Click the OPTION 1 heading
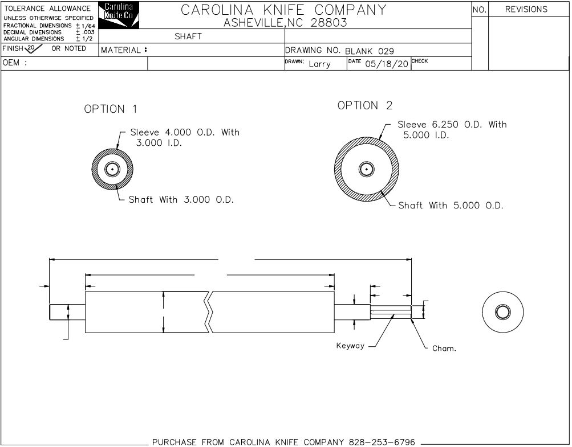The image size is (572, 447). point(111,109)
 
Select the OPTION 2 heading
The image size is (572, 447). point(365,105)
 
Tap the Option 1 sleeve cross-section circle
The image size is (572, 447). point(113,169)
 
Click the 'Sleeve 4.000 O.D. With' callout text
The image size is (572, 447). point(185,132)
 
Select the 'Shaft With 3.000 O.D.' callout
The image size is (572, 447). point(181,200)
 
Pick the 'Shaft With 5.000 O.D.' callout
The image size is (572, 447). point(451,206)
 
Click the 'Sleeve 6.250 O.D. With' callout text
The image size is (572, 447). point(452,124)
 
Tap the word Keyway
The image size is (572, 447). point(350,346)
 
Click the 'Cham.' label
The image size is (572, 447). point(444,348)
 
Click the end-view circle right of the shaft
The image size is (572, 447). point(502,311)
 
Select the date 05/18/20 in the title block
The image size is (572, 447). point(387,64)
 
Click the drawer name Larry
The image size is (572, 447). point(319,64)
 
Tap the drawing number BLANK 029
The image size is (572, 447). point(370,51)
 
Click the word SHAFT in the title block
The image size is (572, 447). point(188,36)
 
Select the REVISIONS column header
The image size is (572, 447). point(526,9)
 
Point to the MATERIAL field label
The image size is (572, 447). point(123,50)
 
